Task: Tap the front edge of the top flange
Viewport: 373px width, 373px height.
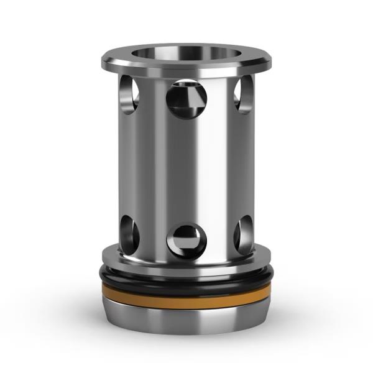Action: coord(186,70)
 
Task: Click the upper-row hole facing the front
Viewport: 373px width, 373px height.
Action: coord(186,98)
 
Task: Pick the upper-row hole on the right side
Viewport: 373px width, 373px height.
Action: coord(243,94)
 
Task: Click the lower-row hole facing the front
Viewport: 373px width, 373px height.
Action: coord(186,240)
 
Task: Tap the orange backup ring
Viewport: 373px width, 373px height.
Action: coord(186,297)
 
